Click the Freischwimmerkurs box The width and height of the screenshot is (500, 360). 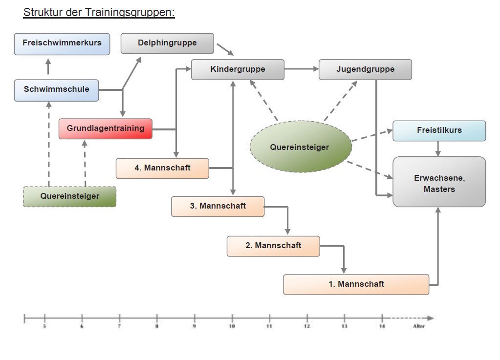pos(62,43)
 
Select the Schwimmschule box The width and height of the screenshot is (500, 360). pos(56,90)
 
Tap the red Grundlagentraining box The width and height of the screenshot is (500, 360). pos(106,128)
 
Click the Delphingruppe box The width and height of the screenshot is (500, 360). pos(167,43)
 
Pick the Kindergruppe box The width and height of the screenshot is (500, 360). pos(238,69)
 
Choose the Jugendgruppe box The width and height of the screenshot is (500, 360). pos(365,69)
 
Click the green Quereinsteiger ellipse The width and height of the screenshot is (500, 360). pos(300,147)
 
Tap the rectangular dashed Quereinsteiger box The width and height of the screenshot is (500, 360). pos(69,196)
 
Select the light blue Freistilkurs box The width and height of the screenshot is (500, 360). pos(439,130)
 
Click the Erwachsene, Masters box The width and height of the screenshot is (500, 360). pos(439,183)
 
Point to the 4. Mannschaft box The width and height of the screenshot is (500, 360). pos(162,168)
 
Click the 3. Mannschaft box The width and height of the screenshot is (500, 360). pos(217,206)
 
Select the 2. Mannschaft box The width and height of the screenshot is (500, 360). pos(273,246)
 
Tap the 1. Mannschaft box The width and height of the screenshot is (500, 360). pos(356,284)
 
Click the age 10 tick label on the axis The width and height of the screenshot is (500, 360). pos(232,326)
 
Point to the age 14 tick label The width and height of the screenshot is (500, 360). pos(382,326)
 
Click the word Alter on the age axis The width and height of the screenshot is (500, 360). pos(418,326)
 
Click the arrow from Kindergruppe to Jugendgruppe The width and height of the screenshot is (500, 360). pos(301,69)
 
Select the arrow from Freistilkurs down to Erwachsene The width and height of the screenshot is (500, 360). pos(438,148)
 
